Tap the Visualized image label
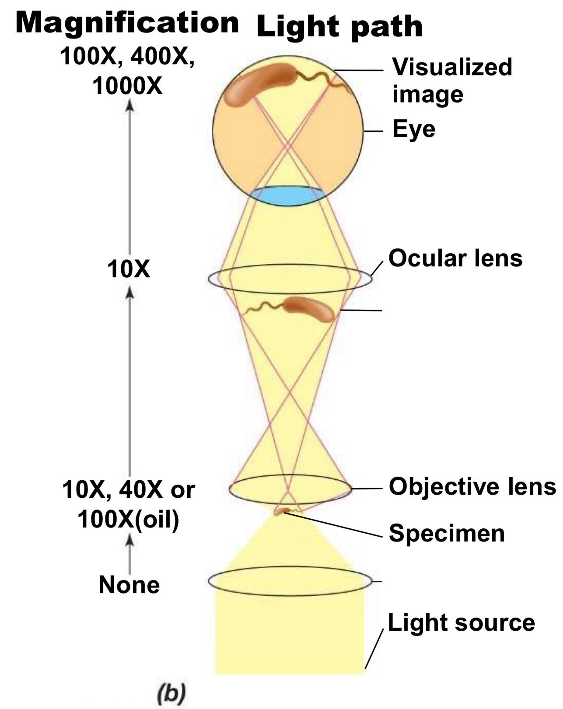tap(451, 80)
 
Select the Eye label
tap(414, 129)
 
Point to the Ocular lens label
tap(455, 258)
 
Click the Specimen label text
tap(447, 534)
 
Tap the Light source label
tap(461, 622)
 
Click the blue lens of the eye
tap(289, 195)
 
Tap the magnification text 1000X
tap(127, 86)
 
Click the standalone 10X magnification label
tap(128, 269)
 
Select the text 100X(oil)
tap(128, 520)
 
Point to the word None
tap(129, 585)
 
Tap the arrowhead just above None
tap(129, 541)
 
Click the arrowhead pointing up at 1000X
tap(129, 105)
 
